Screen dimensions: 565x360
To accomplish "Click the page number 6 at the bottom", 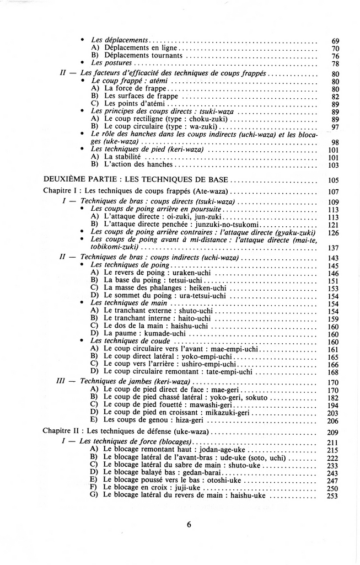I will click(189, 524).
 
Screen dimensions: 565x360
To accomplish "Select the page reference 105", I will click(332, 180).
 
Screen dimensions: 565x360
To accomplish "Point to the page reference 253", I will click(332, 495).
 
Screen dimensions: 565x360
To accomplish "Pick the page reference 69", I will click(335, 41).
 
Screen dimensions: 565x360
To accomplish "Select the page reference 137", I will click(332, 248).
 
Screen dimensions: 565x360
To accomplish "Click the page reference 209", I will click(332, 432).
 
